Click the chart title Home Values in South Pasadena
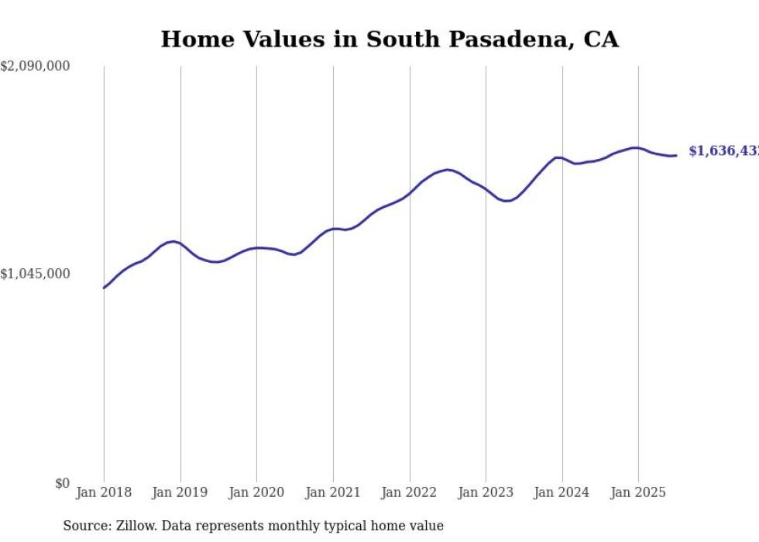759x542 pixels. point(390,40)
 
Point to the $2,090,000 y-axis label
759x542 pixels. point(35,67)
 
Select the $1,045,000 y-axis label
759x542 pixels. point(35,274)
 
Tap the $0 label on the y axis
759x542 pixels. point(62,483)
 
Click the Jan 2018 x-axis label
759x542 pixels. point(104,492)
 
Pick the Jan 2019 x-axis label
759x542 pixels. point(180,492)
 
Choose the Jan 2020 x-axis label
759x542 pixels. point(256,492)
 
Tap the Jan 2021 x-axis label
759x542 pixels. point(333,492)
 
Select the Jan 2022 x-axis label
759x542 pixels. point(410,492)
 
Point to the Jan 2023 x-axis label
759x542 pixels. point(486,492)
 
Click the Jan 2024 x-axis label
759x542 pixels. point(562,492)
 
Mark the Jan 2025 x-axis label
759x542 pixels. point(638,492)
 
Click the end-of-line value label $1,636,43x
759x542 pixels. point(723,151)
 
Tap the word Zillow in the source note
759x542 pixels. point(127,526)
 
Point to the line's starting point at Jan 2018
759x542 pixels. point(104,288)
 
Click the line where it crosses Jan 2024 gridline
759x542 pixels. point(562,158)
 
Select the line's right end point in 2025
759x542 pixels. point(676,155)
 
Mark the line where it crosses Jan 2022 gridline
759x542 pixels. point(410,193)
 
